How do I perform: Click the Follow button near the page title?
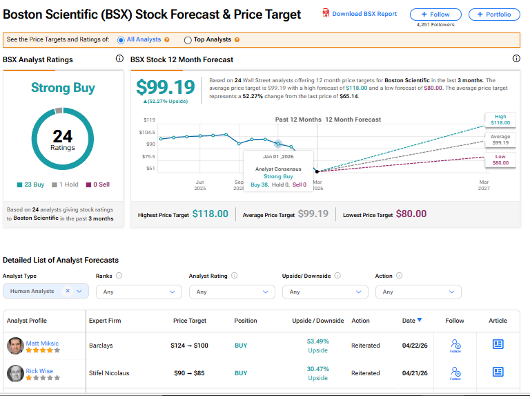(x=435, y=15)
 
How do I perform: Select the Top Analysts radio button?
(x=188, y=40)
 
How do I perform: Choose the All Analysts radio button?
(x=121, y=40)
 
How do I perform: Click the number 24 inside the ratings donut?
(x=63, y=136)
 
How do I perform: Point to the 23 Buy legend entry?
(x=31, y=185)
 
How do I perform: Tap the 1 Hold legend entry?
(x=65, y=185)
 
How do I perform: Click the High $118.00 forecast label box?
(x=500, y=120)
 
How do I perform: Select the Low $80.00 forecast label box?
(x=500, y=160)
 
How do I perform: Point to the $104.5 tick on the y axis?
(x=147, y=132)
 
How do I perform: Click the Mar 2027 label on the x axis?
(x=484, y=185)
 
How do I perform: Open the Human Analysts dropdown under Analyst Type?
(x=46, y=291)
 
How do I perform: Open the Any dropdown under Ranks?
(x=139, y=292)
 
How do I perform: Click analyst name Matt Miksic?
(x=42, y=343)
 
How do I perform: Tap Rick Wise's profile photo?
(x=16, y=373)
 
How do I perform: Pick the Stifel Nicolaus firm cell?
(x=109, y=373)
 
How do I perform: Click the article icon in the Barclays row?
(x=498, y=344)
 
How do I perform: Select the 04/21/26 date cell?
(x=415, y=373)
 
